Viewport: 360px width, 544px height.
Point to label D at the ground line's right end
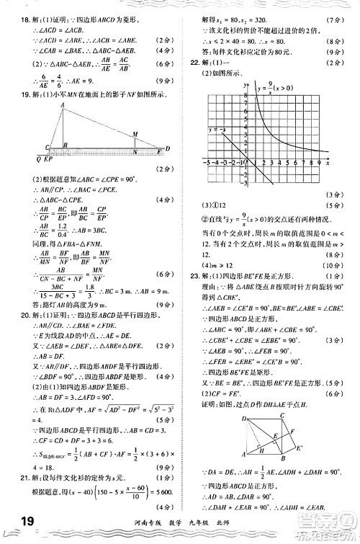click(x=167, y=149)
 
